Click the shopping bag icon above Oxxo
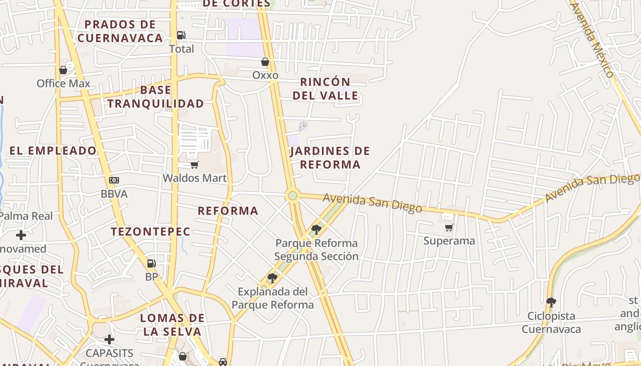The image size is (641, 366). click(x=265, y=62)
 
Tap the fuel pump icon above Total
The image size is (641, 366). click(x=181, y=35)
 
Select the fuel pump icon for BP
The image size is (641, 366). click(x=151, y=264)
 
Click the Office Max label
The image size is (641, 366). click(x=64, y=84)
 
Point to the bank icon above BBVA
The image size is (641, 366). click(x=114, y=180)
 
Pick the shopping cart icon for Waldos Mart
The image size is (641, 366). click(x=195, y=165)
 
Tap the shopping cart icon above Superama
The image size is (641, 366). click(x=449, y=227)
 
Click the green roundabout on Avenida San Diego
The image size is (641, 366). click(x=293, y=196)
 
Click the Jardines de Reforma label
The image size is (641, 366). click(x=330, y=157)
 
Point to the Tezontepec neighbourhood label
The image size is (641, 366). click(x=150, y=231)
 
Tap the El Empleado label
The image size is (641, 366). click(x=53, y=151)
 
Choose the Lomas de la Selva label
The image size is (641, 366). click(x=172, y=324)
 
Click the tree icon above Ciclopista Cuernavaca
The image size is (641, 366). click(x=551, y=302)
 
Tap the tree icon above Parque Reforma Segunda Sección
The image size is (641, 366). click(x=316, y=229)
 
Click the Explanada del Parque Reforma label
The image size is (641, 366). click(x=273, y=298)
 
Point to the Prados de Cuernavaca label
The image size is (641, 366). click(x=120, y=31)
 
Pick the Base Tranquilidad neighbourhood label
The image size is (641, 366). click(x=156, y=97)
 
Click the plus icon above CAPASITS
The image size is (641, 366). click(x=109, y=339)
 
